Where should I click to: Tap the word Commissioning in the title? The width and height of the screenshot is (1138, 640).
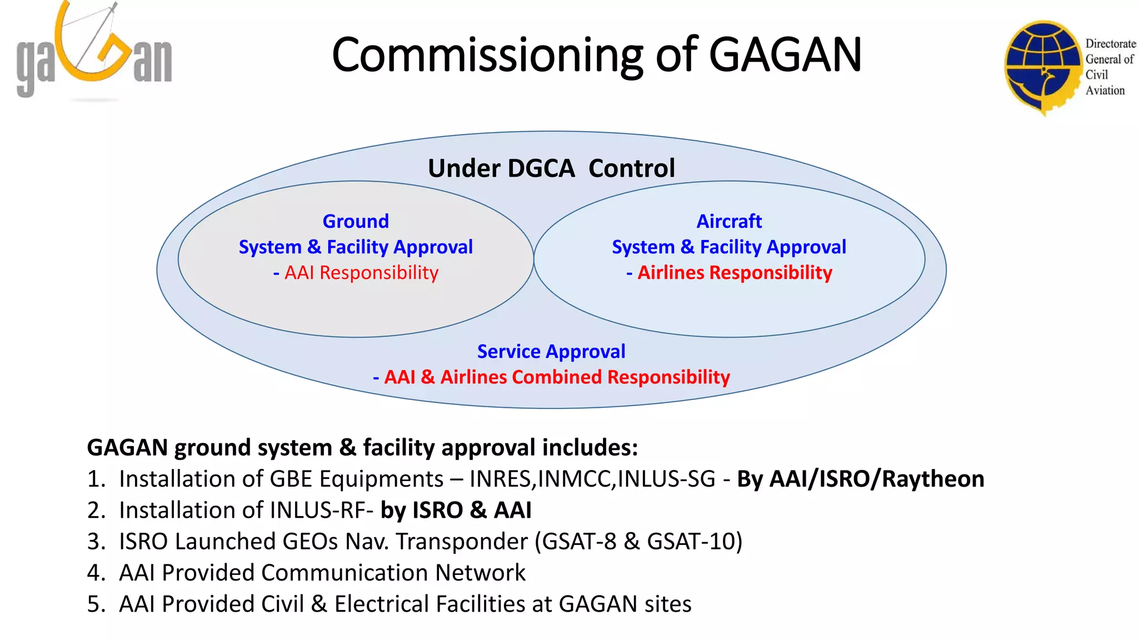487,56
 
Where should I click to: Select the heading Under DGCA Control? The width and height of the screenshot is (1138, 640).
551,168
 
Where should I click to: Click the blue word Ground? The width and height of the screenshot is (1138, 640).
356,221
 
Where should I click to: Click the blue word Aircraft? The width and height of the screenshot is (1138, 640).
729,221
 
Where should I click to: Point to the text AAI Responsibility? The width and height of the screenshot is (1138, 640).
361,273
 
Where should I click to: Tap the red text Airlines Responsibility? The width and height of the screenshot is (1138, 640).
734,273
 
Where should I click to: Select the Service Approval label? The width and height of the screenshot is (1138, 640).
551,351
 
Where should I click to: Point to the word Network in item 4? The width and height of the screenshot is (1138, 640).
480,573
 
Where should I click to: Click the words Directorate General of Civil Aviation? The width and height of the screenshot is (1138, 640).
1109,67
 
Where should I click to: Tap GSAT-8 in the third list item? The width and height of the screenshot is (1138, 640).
578,542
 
